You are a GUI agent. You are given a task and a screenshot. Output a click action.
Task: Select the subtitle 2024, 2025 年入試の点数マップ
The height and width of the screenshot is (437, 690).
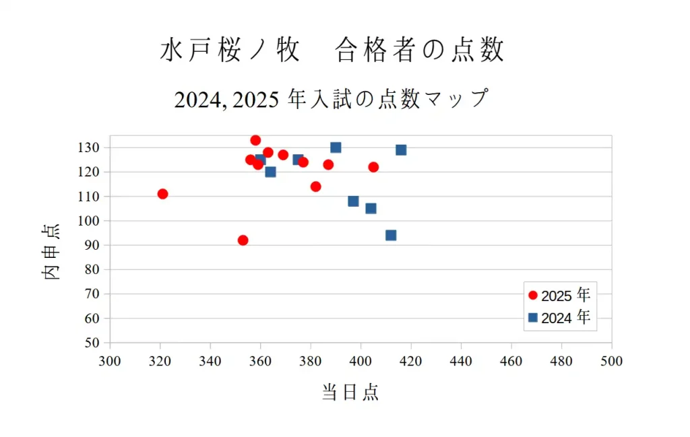330,99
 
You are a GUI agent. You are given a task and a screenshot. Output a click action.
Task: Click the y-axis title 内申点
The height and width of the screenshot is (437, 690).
52,252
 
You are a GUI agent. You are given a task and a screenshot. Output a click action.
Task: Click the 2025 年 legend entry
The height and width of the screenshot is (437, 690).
559,296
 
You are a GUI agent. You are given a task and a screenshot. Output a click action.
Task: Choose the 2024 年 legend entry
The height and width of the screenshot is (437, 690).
559,318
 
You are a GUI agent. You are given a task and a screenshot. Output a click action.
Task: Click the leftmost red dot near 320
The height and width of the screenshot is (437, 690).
162,194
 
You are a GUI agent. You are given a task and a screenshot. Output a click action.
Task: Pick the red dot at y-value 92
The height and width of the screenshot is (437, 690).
243,240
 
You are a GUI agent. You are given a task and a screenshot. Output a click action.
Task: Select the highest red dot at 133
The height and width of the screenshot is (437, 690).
255,140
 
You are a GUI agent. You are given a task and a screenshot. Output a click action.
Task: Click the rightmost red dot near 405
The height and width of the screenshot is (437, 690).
373,167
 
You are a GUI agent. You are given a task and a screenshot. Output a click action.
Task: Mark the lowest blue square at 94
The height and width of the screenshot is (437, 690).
391,236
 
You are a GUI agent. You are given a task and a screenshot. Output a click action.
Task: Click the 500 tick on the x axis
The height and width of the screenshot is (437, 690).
612,362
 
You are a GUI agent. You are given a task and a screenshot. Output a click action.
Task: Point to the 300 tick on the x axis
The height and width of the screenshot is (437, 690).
110,362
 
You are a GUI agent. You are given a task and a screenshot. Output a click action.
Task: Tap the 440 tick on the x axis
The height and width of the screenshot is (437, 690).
461,362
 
